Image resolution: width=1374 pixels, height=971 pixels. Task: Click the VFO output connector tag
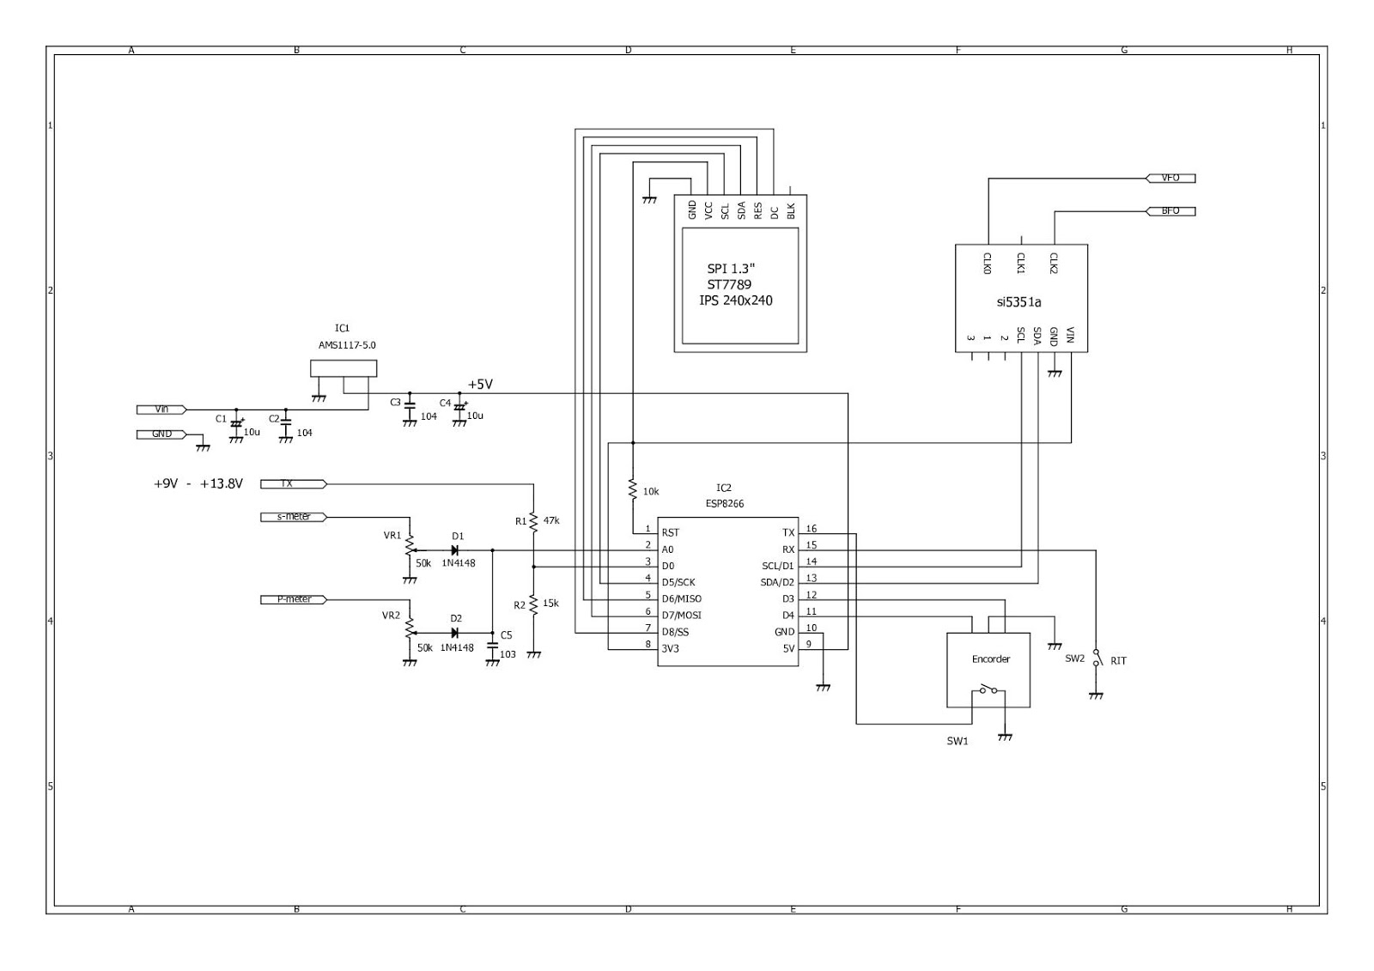1170,179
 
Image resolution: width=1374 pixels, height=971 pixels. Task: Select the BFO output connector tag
1170,211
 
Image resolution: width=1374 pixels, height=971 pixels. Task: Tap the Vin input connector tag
162,410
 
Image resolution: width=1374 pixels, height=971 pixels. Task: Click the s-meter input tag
294,517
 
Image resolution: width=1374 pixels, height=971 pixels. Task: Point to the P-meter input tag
294,599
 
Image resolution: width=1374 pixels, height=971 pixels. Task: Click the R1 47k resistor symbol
533,521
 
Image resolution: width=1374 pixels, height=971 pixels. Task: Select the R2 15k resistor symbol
533,604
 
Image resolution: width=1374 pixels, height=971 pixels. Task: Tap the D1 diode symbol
455,550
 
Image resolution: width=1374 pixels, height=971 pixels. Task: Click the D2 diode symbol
455,633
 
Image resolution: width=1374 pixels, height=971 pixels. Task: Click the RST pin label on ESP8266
671,533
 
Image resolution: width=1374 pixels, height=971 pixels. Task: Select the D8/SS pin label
675,632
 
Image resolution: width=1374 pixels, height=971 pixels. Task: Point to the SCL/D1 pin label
778,566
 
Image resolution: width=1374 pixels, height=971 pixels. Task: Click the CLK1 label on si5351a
1021,264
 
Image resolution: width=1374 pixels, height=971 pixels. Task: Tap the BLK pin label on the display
791,210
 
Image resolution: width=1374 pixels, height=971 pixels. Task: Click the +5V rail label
480,385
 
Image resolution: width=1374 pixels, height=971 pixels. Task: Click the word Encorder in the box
991,659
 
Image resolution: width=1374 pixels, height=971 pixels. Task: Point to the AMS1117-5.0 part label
347,345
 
